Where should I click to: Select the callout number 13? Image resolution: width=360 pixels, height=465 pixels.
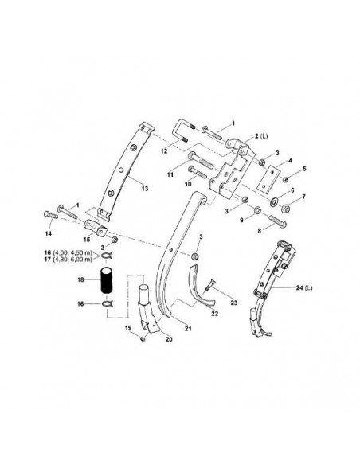click(145, 189)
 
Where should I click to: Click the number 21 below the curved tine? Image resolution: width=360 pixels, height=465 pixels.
click(189, 328)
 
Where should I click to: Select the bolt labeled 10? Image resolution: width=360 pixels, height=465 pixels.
click(197, 170)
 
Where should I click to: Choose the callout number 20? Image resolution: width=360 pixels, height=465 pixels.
click(167, 338)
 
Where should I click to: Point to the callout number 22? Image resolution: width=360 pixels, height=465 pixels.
click(213, 313)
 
